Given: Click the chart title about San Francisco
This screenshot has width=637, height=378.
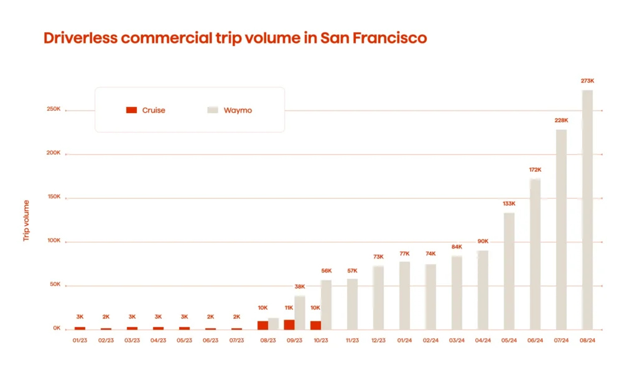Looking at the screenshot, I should coord(235,38).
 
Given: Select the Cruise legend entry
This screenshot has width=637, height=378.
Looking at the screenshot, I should coord(146,110).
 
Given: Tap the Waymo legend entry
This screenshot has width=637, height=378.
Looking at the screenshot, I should coord(230,110).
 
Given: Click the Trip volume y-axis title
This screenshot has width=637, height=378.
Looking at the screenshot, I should coord(26,220).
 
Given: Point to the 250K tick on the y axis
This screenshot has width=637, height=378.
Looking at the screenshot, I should coord(53,109).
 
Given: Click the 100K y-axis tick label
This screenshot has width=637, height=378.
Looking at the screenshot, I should coord(53,241).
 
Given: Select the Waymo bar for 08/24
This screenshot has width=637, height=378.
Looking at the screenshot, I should coord(587,210).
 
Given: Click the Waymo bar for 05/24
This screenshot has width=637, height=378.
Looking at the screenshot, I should coord(509,270).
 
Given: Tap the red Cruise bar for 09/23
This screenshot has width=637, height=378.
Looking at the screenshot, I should coord(289,325).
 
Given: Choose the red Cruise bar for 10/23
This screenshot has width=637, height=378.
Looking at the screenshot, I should coord(315,325).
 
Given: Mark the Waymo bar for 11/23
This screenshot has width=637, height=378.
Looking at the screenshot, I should coord(352,304).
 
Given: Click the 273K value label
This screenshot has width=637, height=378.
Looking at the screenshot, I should coord(587,81).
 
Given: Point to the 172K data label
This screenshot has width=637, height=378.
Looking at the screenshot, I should coord(535,170).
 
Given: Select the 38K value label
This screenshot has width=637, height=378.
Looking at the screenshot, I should coord(300,287).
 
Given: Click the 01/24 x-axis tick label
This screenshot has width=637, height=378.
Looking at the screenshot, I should coord(404,341).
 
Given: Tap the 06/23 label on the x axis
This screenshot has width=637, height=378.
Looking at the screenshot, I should coord(210,341).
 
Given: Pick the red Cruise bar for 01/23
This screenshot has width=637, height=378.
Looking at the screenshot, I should coord(80,328).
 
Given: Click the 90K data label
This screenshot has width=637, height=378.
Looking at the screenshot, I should coord(483,241).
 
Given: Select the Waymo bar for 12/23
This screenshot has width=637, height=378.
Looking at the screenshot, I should coord(378,298).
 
